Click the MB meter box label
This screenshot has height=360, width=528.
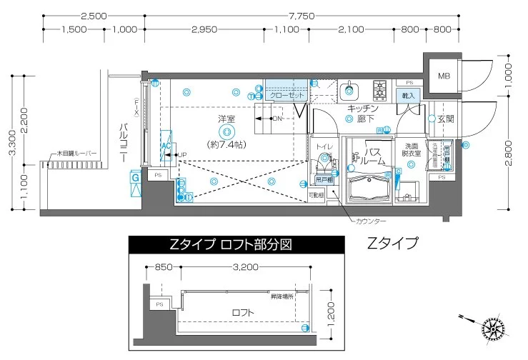click(x=444, y=76)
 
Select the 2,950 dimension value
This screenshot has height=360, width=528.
click(x=204, y=29)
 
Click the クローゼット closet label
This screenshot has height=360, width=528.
click(x=287, y=95)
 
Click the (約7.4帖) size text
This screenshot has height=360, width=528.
click(x=227, y=144)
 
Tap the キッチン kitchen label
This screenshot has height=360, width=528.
click(x=363, y=108)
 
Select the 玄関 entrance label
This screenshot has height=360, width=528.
click(x=447, y=119)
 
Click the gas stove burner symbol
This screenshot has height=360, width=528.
click(x=379, y=90)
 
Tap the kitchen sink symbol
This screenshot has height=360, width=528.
click(x=349, y=91)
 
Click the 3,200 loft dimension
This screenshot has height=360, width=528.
click(x=244, y=268)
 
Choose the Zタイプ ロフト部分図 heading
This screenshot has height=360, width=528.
click(x=231, y=244)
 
